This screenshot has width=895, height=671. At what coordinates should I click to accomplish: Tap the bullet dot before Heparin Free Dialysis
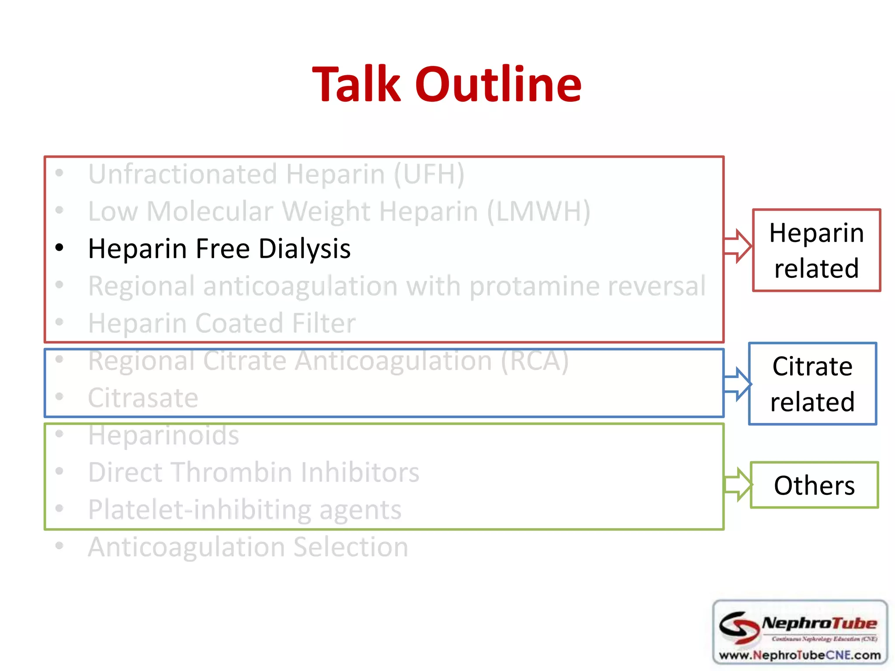tap(59, 248)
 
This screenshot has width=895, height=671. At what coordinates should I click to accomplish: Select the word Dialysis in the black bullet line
tap(304, 249)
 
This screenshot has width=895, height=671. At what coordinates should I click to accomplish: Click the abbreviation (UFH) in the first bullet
tap(429, 174)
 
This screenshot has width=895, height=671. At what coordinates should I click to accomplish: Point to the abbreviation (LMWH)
tap(538, 212)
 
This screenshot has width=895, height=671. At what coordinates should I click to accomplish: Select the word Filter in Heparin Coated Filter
tap(323, 324)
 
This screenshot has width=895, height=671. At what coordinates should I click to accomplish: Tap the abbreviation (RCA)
tap(534, 361)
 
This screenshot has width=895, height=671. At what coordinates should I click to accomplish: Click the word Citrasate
tap(143, 398)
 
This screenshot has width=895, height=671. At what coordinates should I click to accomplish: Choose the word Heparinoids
tap(163, 436)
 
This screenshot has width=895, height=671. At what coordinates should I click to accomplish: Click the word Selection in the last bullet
tap(350, 547)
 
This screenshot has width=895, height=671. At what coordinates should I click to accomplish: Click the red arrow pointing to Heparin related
tap(738, 246)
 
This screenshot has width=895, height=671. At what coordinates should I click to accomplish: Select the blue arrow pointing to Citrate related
tap(738, 384)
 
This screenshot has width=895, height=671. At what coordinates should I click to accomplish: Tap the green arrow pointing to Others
tap(738, 484)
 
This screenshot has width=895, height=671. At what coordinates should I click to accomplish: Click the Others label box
tap(814, 485)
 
